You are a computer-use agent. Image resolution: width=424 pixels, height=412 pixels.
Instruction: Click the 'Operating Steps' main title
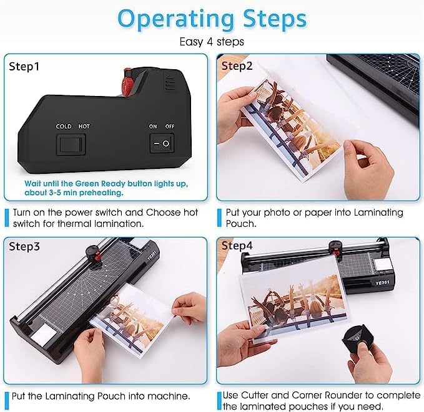point(212,19)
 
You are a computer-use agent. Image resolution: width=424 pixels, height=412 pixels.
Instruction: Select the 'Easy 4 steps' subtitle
point(212,42)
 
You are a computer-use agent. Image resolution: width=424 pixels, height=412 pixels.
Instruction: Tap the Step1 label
point(24,65)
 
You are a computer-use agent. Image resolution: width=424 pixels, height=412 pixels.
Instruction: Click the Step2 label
point(237,65)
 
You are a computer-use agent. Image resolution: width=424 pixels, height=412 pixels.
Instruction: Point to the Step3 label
point(24,246)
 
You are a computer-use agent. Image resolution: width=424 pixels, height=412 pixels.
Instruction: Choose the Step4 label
point(237,246)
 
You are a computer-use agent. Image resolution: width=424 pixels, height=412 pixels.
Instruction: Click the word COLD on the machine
point(63,127)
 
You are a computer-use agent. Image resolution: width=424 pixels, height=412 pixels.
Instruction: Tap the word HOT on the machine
point(84,127)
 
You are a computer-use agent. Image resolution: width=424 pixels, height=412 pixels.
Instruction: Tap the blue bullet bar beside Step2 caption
point(219,218)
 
